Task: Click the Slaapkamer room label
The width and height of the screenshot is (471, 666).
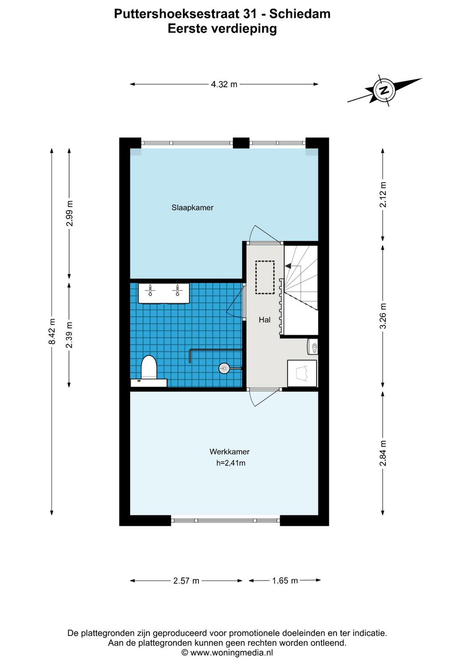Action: [x=192, y=208]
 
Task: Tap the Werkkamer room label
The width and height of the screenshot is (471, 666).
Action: [x=230, y=452]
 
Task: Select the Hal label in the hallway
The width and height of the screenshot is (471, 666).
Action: [x=265, y=320]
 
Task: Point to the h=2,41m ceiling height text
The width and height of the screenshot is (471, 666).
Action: [x=231, y=463]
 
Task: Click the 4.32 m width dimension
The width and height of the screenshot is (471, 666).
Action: [x=224, y=84]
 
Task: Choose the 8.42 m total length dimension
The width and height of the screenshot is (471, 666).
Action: [x=52, y=332]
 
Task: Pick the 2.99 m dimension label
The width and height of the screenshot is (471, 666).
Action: [x=70, y=214]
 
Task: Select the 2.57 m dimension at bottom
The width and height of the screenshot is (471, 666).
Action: [x=186, y=581]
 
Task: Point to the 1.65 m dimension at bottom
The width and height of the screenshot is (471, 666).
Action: [x=285, y=581]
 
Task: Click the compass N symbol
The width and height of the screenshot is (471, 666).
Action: [x=384, y=91]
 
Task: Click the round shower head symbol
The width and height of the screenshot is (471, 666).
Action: [x=224, y=368]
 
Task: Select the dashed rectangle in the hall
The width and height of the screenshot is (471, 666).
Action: [x=265, y=277]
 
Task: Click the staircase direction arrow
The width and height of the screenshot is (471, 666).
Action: [x=288, y=266]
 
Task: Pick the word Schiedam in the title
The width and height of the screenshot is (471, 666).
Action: [x=300, y=14]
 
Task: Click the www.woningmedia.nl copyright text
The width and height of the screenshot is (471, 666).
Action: [x=227, y=653]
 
